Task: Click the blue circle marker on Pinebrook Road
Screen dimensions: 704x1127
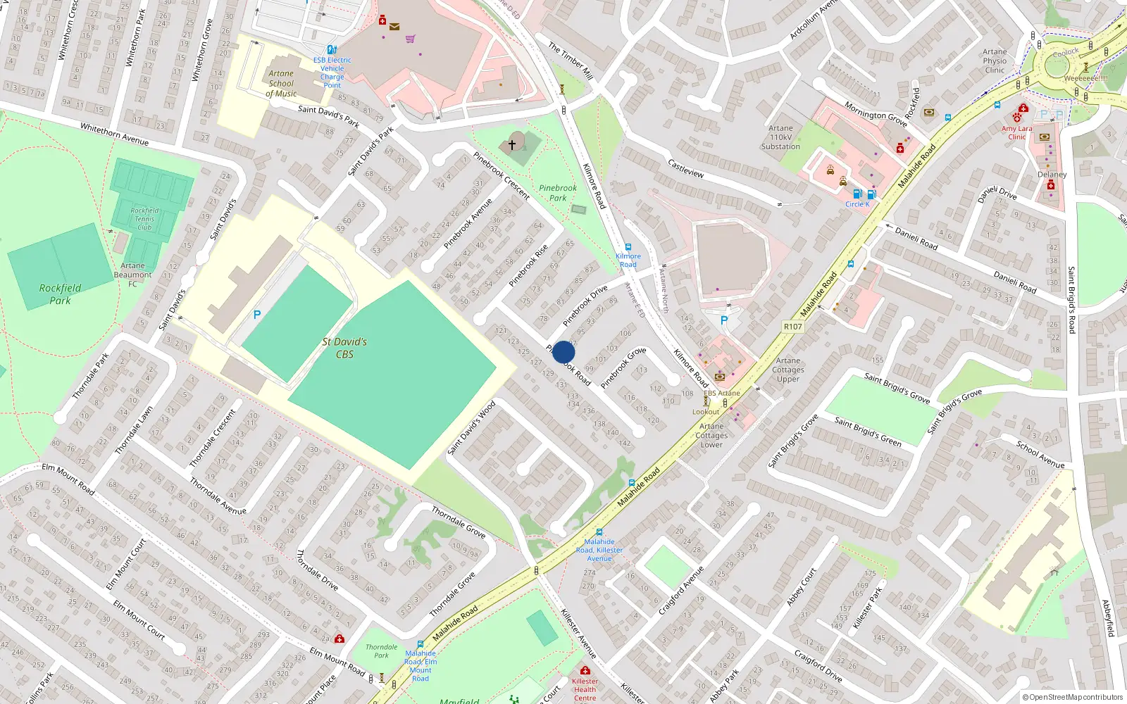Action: pyautogui.click(x=563, y=352)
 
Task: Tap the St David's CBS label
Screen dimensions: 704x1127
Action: pyautogui.click(x=344, y=348)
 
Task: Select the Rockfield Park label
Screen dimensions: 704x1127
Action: pyautogui.click(x=60, y=294)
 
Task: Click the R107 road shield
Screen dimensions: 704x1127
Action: pyautogui.click(x=792, y=327)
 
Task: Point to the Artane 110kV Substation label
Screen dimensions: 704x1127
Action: pyautogui.click(x=780, y=137)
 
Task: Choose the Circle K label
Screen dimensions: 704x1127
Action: pyautogui.click(x=857, y=204)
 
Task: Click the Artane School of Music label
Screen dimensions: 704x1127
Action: pyautogui.click(x=281, y=83)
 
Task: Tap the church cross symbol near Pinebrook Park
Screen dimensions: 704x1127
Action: pyautogui.click(x=512, y=144)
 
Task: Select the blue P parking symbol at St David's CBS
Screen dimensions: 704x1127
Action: pyautogui.click(x=257, y=315)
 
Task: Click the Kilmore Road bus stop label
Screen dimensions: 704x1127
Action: pyautogui.click(x=628, y=260)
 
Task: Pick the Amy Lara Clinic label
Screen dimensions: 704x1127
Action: pyautogui.click(x=1016, y=132)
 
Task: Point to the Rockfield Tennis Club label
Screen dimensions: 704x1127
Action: pyautogui.click(x=144, y=218)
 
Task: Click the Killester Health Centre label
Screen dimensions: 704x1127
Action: pyautogui.click(x=585, y=689)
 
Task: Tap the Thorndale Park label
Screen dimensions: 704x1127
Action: pyautogui.click(x=381, y=651)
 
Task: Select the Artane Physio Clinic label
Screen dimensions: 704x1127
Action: pyautogui.click(x=995, y=61)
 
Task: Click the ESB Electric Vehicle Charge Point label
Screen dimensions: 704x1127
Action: pyautogui.click(x=332, y=73)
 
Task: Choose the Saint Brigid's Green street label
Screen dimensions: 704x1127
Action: pyautogui.click(x=868, y=432)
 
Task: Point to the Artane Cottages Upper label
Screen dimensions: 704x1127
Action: pyautogui.click(x=787, y=370)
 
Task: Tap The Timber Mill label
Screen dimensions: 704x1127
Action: pyautogui.click(x=571, y=61)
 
